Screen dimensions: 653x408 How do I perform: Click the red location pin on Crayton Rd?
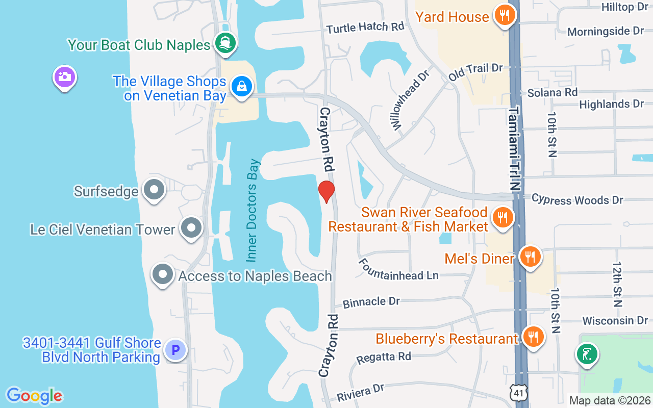point(326,191)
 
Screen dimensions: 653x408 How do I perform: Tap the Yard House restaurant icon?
point(505,15)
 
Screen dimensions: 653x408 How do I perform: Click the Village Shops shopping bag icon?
point(242,86)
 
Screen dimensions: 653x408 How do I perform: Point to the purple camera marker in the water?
point(65,78)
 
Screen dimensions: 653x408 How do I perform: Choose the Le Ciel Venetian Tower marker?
point(192,228)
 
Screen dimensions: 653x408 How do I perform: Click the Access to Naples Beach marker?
point(163,274)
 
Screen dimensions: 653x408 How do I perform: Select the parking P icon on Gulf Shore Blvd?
point(176,350)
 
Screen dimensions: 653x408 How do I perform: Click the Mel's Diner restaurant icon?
point(531,257)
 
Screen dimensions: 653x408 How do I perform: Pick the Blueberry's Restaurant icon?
point(534,337)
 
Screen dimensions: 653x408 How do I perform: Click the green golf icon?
point(587,354)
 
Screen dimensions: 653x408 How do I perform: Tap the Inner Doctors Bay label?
point(253,210)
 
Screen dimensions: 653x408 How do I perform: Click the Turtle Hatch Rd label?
point(365,28)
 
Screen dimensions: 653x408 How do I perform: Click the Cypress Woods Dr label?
point(577,199)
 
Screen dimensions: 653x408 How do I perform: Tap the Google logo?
point(34,396)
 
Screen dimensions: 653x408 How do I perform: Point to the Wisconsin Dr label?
point(615,321)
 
